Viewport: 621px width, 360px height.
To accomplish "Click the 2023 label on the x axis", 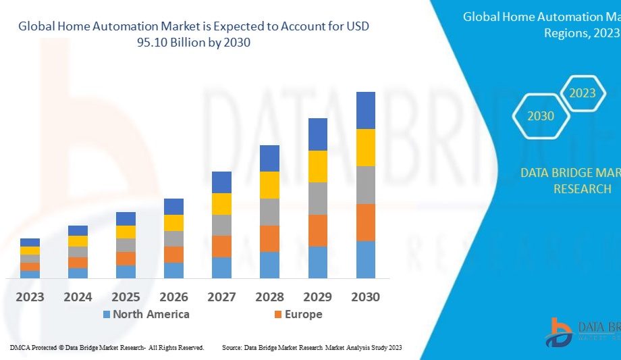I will coord(30,297).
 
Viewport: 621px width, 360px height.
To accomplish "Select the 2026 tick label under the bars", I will coord(173,297).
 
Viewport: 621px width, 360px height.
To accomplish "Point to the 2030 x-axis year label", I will coord(365,297).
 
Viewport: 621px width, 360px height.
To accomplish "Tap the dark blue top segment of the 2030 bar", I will coord(366,110).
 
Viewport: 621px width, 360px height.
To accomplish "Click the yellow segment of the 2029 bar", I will coord(318,166).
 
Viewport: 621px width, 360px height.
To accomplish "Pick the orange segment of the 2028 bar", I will coord(270,238).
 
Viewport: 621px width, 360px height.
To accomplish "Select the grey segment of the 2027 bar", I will coord(221,225).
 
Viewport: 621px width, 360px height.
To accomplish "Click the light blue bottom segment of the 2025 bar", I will coord(126,272).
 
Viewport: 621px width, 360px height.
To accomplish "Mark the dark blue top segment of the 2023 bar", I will coord(30,242).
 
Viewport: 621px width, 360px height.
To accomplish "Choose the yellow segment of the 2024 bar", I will coord(78,241).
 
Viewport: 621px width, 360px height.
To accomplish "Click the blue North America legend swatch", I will coord(107,315).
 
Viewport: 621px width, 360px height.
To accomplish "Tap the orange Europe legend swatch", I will coord(278,315).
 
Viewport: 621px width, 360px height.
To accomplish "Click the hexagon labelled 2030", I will coord(541,116).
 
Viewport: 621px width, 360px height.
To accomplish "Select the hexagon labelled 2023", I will coord(582,93).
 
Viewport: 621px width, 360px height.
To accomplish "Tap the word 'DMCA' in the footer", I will coord(19,347).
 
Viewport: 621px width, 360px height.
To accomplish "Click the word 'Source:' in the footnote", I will coord(232,347).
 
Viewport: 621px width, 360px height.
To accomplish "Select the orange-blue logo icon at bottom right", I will coord(559,332).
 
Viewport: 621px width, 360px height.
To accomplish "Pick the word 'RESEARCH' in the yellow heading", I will coord(582,189).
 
